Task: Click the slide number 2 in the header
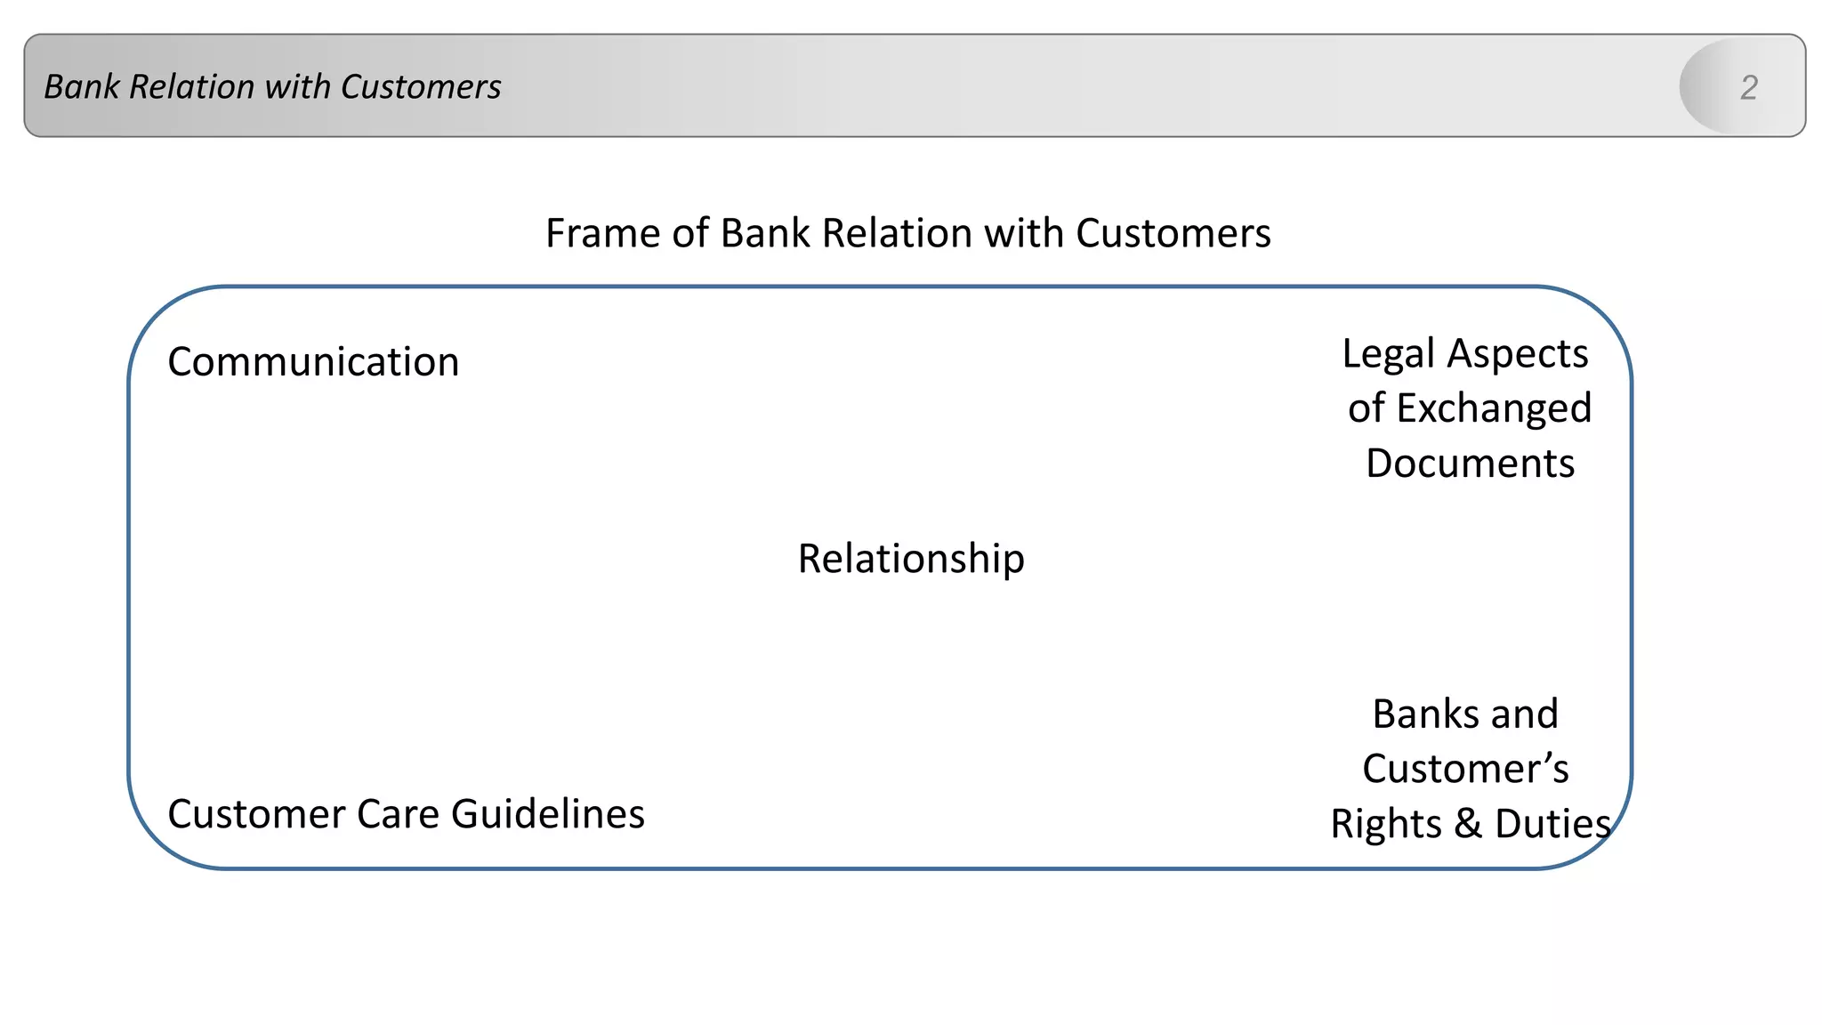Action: pos(1748,87)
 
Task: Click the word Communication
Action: pos(313,362)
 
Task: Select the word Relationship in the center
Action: pos(911,559)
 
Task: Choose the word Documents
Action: pos(1470,464)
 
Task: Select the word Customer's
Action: pos(1465,769)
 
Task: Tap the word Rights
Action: pos(1386,824)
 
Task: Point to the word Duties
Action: pos(1552,824)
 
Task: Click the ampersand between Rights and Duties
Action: pos(1469,824)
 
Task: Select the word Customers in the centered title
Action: pos(1173,233)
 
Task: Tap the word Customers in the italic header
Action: pos(421,87)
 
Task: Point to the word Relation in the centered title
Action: pos(898,233)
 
